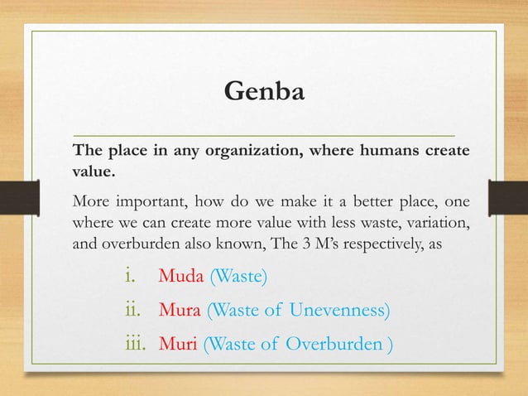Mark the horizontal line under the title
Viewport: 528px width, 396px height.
click(x=264, y=133)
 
